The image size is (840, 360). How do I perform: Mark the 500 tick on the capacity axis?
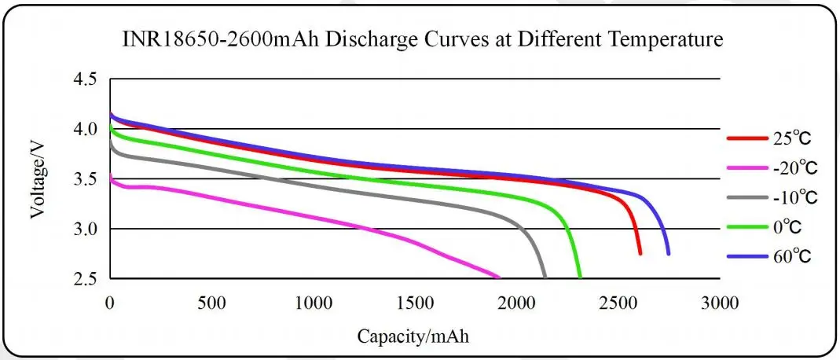(212, 303)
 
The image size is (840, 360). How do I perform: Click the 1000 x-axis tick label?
(314, 303)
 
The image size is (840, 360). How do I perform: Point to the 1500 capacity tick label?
(416, 303)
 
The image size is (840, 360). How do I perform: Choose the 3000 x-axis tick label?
(721, 303)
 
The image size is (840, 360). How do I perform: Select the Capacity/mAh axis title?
(416, 336)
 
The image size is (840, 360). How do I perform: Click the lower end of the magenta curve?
(498, 277)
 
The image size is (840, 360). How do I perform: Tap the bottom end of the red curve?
(640, 253)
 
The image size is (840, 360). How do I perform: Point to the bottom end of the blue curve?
(669, 253)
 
